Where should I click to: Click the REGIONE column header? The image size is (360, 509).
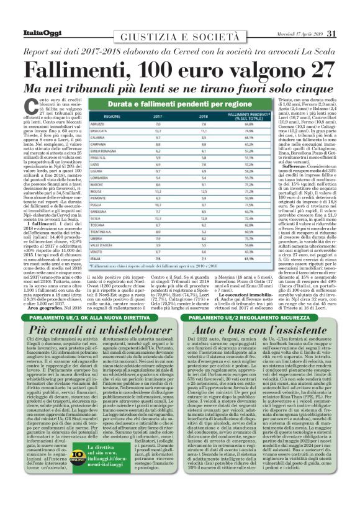click(120, 115)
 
